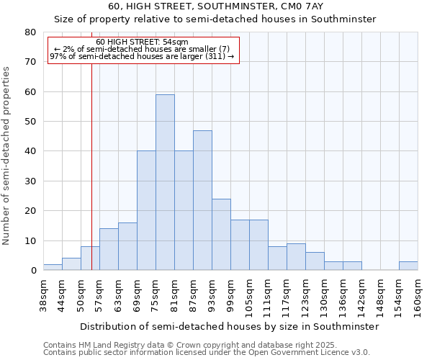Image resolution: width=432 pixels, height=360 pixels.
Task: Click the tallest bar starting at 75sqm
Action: (x=165, y=182)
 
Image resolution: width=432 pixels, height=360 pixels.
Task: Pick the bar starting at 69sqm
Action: (x=146, y=210)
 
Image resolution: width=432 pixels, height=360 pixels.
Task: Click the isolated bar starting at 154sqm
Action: (x=408, y=266)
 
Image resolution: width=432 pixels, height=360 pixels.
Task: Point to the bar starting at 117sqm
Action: (x=296, y=257)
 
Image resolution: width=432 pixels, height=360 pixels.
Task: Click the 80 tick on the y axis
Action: (x=30, y=32)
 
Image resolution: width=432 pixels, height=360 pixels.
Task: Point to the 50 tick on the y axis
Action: (x=30, y=122)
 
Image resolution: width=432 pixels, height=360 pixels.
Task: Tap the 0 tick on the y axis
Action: (x=33, y=271)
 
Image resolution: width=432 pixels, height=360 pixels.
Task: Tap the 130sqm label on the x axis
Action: (x=325, y=296)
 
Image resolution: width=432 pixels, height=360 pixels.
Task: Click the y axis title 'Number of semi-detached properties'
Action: (x=7, y=156)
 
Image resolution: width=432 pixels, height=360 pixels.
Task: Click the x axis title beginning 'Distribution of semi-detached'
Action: (x=229, y=326)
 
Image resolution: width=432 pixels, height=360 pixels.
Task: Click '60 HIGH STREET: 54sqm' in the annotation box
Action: (x=142, y=42)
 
